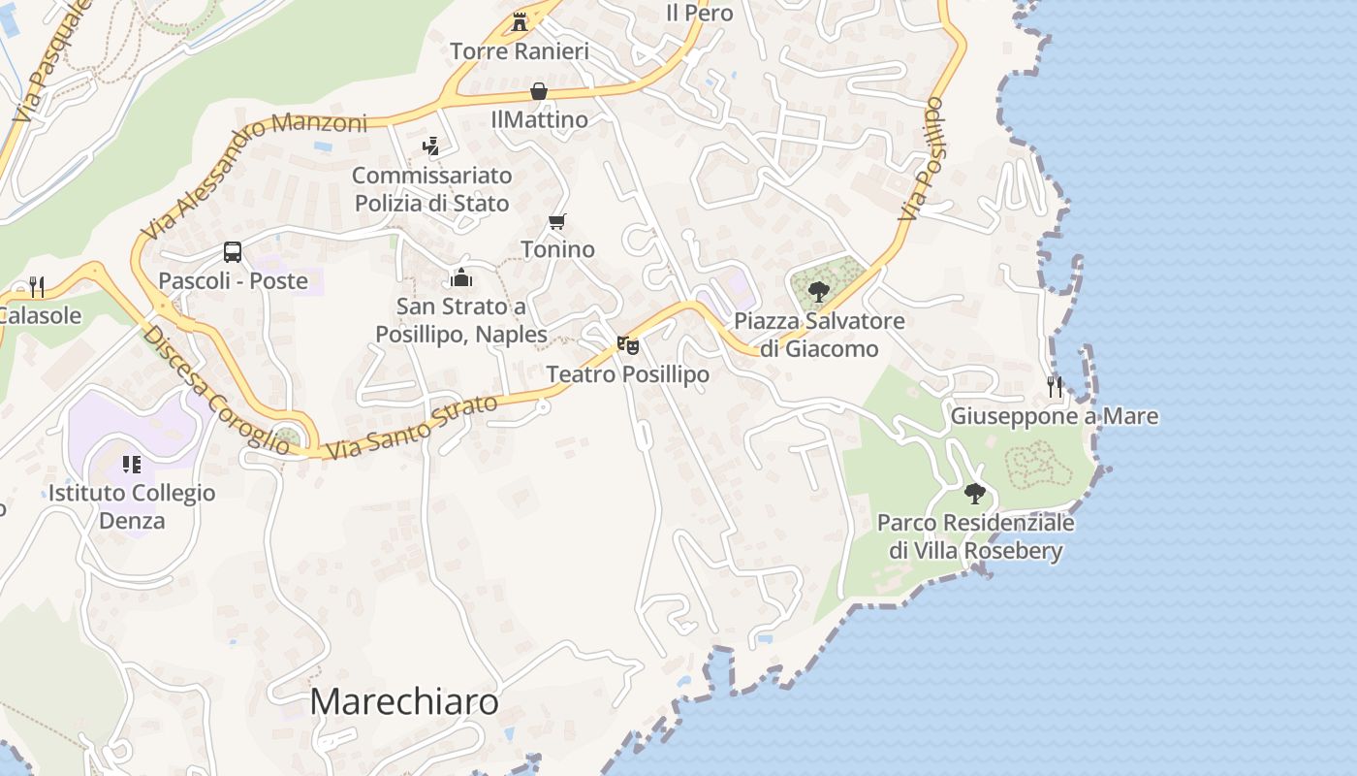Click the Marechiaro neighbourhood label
point(404,701)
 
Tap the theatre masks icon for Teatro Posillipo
point(628,345)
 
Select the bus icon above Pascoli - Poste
point(233,252)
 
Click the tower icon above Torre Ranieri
point(520,21)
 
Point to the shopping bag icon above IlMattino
point(539,91)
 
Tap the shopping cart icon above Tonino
point(557,221)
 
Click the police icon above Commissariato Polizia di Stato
point(431,146)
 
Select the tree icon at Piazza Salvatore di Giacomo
point(819,291)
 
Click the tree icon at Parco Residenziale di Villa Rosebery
point(975,494)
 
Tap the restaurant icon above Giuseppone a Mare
point(1055,387)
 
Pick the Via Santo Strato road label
point(413,427)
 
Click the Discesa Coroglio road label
point(215,390)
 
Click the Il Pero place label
point(699,14)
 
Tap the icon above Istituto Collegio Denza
point(132,465)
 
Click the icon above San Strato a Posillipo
point(461,278)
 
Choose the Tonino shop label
point(557,249)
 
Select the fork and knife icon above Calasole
point(37,286)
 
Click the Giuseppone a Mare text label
point(1054,416)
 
